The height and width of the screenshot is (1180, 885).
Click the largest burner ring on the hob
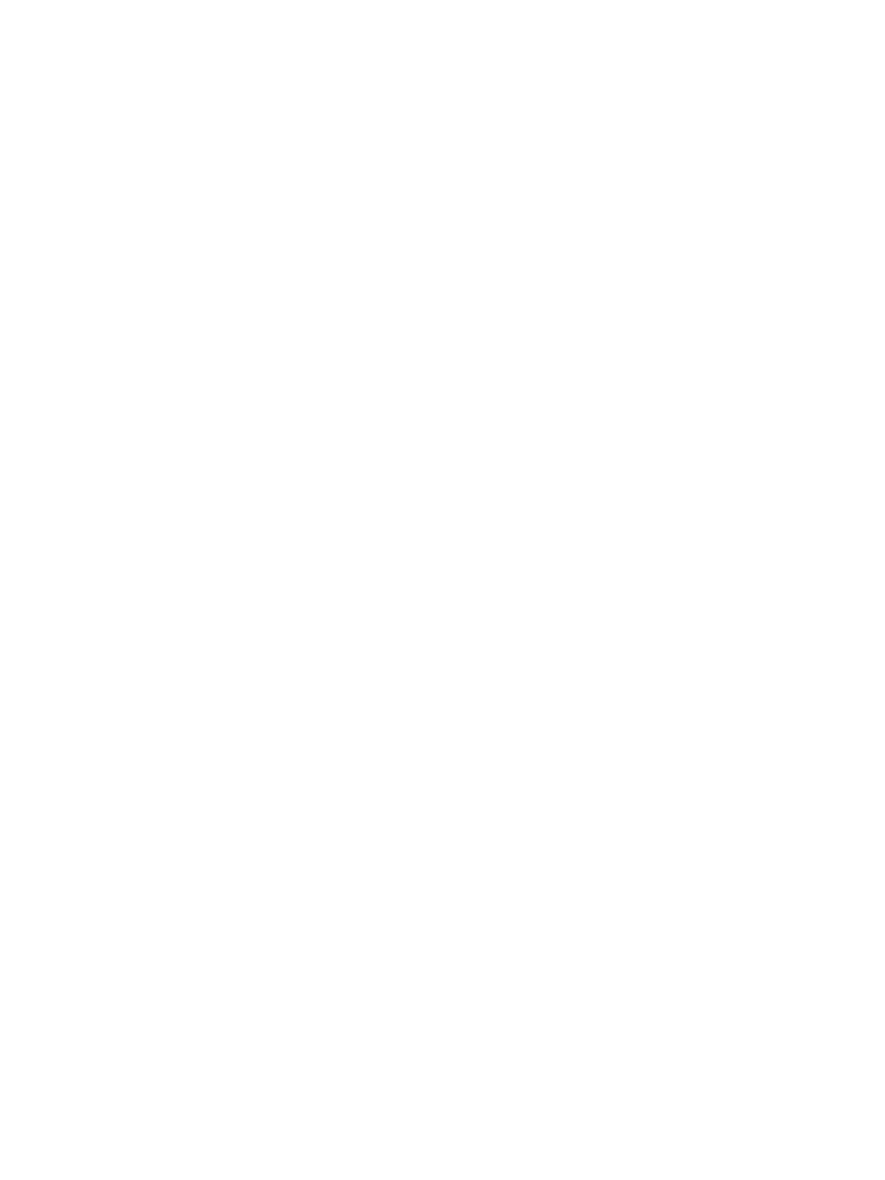coord(288,304)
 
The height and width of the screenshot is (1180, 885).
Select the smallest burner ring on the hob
coord(510,404)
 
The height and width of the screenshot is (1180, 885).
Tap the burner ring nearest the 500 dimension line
coord(425,228)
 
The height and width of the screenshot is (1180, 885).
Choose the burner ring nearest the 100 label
coord(625,336)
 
